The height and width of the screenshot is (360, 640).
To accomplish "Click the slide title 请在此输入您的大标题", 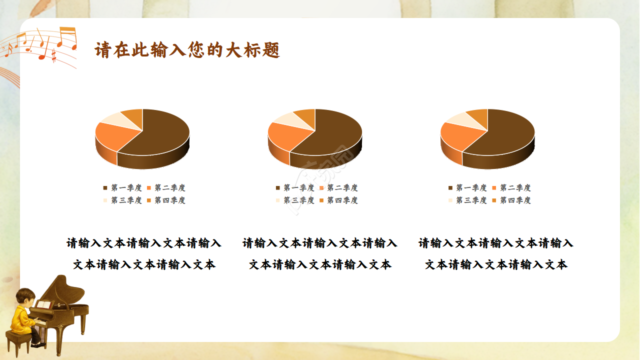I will [187, 50].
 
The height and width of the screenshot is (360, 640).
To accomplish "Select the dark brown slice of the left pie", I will [160, 135].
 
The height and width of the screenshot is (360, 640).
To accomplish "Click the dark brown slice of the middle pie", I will [332, 135].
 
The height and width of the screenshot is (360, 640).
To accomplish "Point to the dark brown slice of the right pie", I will [505, 135].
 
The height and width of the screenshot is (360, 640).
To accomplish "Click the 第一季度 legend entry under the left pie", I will [122, 188].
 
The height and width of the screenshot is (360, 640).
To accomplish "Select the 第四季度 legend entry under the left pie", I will [166, 200].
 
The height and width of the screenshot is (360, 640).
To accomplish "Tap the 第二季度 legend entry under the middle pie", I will [338, 188].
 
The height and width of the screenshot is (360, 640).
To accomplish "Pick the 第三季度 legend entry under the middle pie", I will [295, 200].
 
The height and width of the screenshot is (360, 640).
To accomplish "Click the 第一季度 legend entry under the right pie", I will [467, 188].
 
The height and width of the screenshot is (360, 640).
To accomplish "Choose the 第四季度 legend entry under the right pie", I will [511, 200].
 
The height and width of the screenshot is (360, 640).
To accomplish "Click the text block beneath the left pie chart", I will [144, 254].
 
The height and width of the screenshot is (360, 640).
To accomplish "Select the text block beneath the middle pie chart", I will [320, 254].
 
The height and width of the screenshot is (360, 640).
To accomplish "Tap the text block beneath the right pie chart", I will [496, 254].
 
